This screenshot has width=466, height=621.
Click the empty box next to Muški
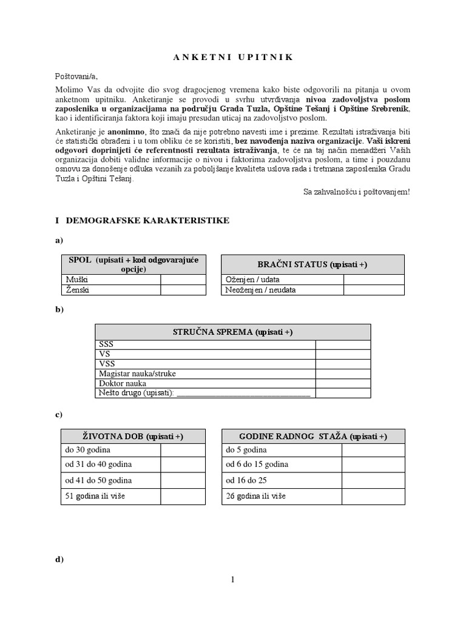(x=183, y=280)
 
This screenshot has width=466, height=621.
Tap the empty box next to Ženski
(x=183, y=290)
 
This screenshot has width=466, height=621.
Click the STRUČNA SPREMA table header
(x=232, y=332)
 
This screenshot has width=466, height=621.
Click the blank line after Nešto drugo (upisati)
(x=243, y=393)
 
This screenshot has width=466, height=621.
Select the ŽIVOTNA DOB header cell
(x=133, y=437)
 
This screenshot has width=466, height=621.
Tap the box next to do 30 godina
(x=183, y=450)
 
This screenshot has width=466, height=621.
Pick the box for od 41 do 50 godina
(x=183, y=480)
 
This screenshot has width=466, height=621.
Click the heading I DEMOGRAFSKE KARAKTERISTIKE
(x=142, y=221)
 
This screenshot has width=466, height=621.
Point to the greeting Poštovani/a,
(x=76, y=76)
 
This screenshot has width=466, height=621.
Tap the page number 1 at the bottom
(x=232, y=580)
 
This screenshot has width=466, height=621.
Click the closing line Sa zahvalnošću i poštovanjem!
(x=356, y=192)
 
